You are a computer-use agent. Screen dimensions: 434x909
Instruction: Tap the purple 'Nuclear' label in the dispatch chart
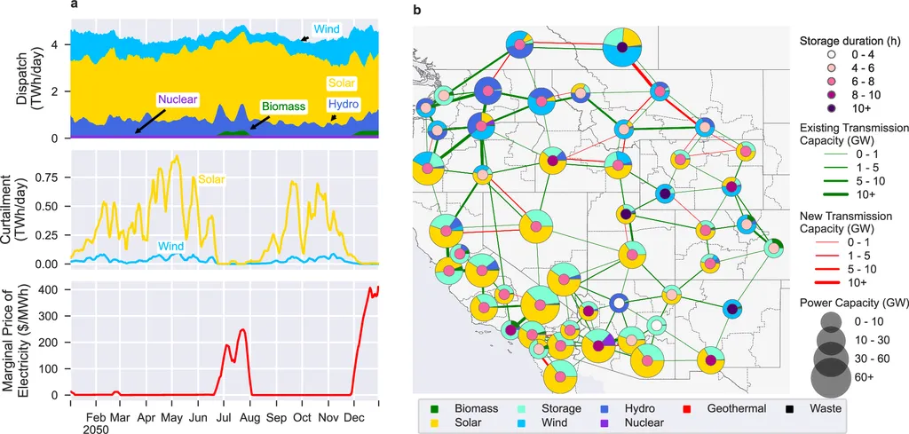[x=178, y=99]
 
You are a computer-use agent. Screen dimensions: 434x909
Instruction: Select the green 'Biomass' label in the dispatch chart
[x=283, y=106]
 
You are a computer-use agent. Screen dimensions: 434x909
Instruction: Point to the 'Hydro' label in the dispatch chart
[x=343, y=105]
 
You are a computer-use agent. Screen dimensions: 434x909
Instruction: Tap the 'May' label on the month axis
[x=173, y=415]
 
